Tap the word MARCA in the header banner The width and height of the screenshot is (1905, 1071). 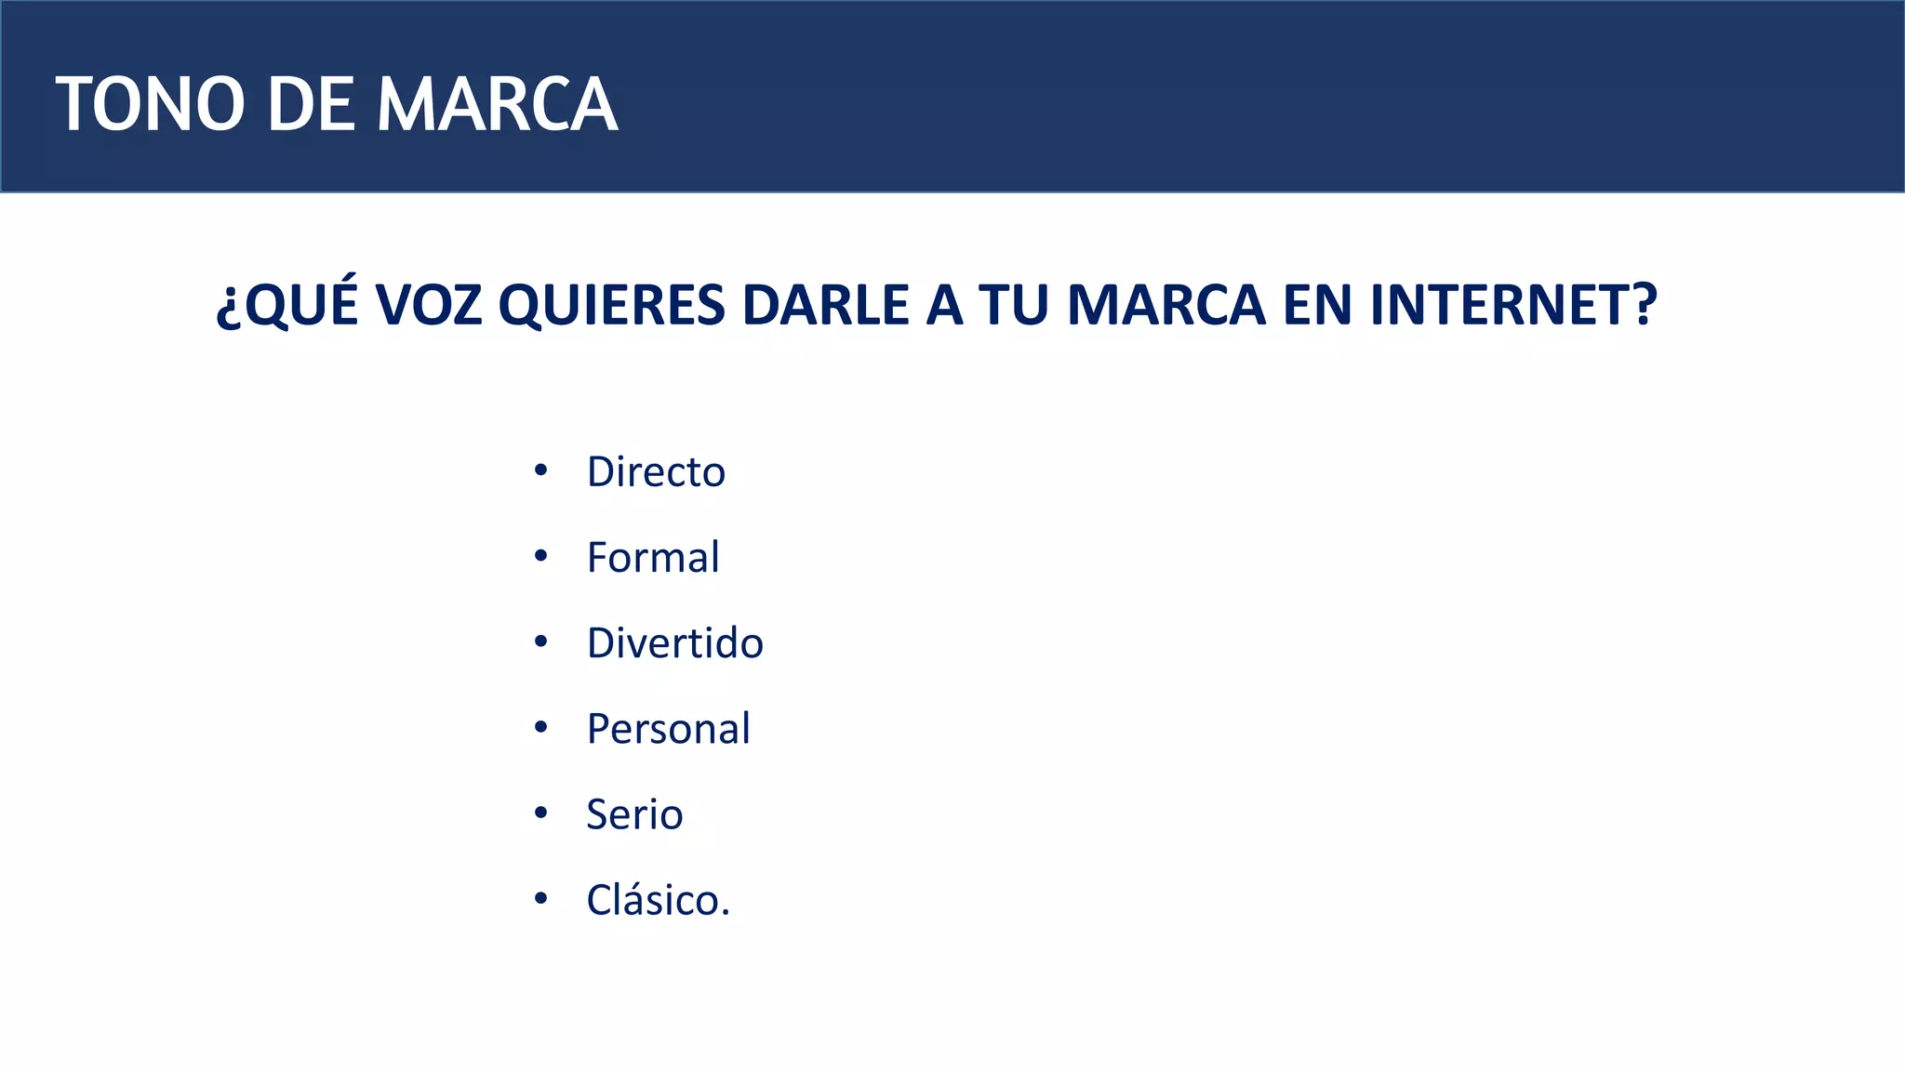pyautogui.click(x=497, y=104)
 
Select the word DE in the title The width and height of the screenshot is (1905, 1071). pyautogui.click(x=311, y=104)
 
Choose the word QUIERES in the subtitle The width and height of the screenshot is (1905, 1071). pyautogui.click(x=612, y=305)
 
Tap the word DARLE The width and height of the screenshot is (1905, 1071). pyautogui.click(x=825, y=305)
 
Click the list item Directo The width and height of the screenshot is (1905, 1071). pyautogui.click(x=656, y=472)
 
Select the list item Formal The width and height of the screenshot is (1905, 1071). pyautogui.click(x=653, y=558)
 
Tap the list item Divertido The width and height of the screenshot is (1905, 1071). pyautogui.click(x=675, y=643)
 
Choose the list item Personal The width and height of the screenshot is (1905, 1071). pyautogui.click(x=669, y=729)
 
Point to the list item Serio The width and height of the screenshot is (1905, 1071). pyautogui.click(x=634, y=814)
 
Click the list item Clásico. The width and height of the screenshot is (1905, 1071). pyautogui.click(x=659, y=900)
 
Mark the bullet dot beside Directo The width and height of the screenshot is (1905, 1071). pyautogui.click(x=541, y=470)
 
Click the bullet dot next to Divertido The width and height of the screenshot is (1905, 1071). pyautogui.click(x=541, y=641)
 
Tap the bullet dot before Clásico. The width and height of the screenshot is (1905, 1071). pyautogui.click(x=541, y=898)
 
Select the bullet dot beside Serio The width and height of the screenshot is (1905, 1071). pyautogui.click(x=541, y=813)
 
